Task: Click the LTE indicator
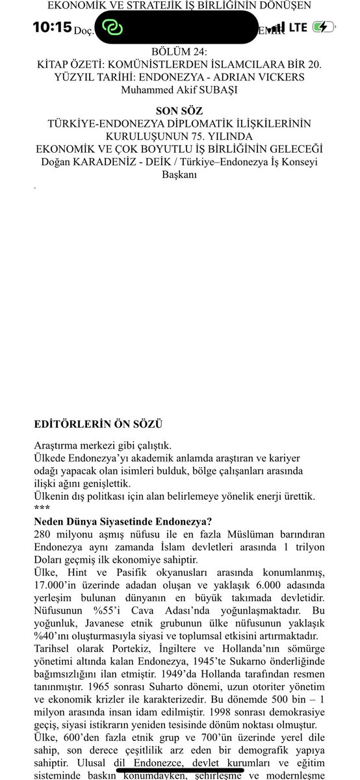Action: tap(298, 27)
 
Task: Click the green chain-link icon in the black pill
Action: tap(112, 28)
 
